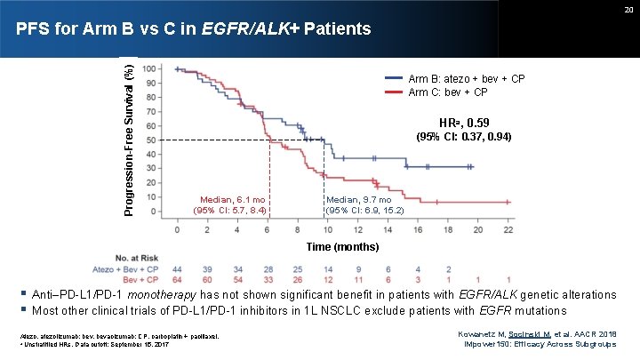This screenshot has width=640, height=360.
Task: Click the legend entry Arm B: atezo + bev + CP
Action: pyautogui.click(x=466, y=79)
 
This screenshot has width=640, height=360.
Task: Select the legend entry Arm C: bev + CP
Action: pyautogui.click(x=447, y=92)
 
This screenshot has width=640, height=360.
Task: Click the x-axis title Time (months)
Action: pyautogui.click(x=342, y=246)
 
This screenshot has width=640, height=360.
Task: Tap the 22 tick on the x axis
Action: pyautogui.click(x=508, y=229)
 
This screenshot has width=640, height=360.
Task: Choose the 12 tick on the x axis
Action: pyautogui.click(x=358, y=229)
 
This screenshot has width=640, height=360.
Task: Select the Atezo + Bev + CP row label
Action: pyautogui.click(x=124, y=268)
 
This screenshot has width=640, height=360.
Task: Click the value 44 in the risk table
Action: pyautogui.click(x=178, y=268)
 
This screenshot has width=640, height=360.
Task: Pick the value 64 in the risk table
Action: pyautogui.click(x=178, y=280)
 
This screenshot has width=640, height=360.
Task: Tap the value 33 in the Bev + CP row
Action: pyautogui.click(x=268, y=280)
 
